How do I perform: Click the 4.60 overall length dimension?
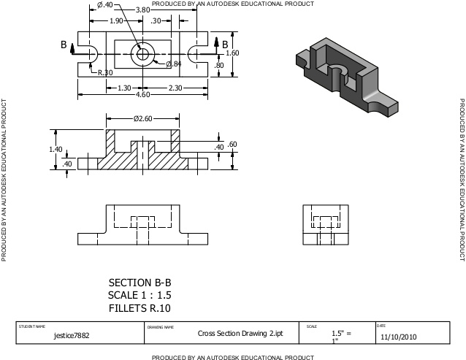point(143,95)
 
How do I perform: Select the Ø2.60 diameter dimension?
point(142,118)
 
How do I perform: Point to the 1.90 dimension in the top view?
point(115,21)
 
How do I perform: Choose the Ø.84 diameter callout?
point(174,65)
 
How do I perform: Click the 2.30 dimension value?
point(175,88)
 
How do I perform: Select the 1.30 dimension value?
point(125,88)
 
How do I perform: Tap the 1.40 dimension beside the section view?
point(56,149)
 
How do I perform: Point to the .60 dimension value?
point(232,145)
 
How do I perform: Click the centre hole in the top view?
point(142,53)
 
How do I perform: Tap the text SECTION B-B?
point(142,282)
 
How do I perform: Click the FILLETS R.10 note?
point(142,308)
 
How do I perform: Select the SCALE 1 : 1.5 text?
point(142,295)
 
